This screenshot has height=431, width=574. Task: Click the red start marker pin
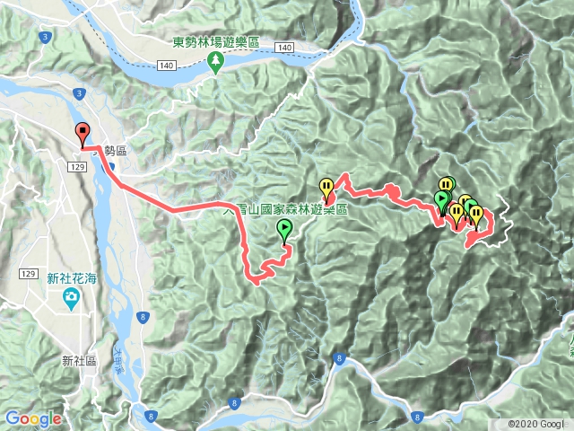(x=83, y=133)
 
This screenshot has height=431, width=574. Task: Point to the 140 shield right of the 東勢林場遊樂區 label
(x=286, y=46)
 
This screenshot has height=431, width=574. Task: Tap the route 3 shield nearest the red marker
(x=79, y=92)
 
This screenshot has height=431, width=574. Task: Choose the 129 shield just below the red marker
(x=75, y=167)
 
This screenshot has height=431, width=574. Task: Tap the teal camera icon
(x=69, y=299)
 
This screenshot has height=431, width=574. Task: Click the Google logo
(x=33, y=418)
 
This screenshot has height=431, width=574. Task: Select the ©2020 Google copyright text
(x=539, y=424)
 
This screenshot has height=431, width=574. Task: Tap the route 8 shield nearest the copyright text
(x=417, y=416)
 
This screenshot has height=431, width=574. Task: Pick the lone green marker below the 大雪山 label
(x=285, y=231)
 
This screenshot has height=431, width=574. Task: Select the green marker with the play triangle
(x=441, y=199)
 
